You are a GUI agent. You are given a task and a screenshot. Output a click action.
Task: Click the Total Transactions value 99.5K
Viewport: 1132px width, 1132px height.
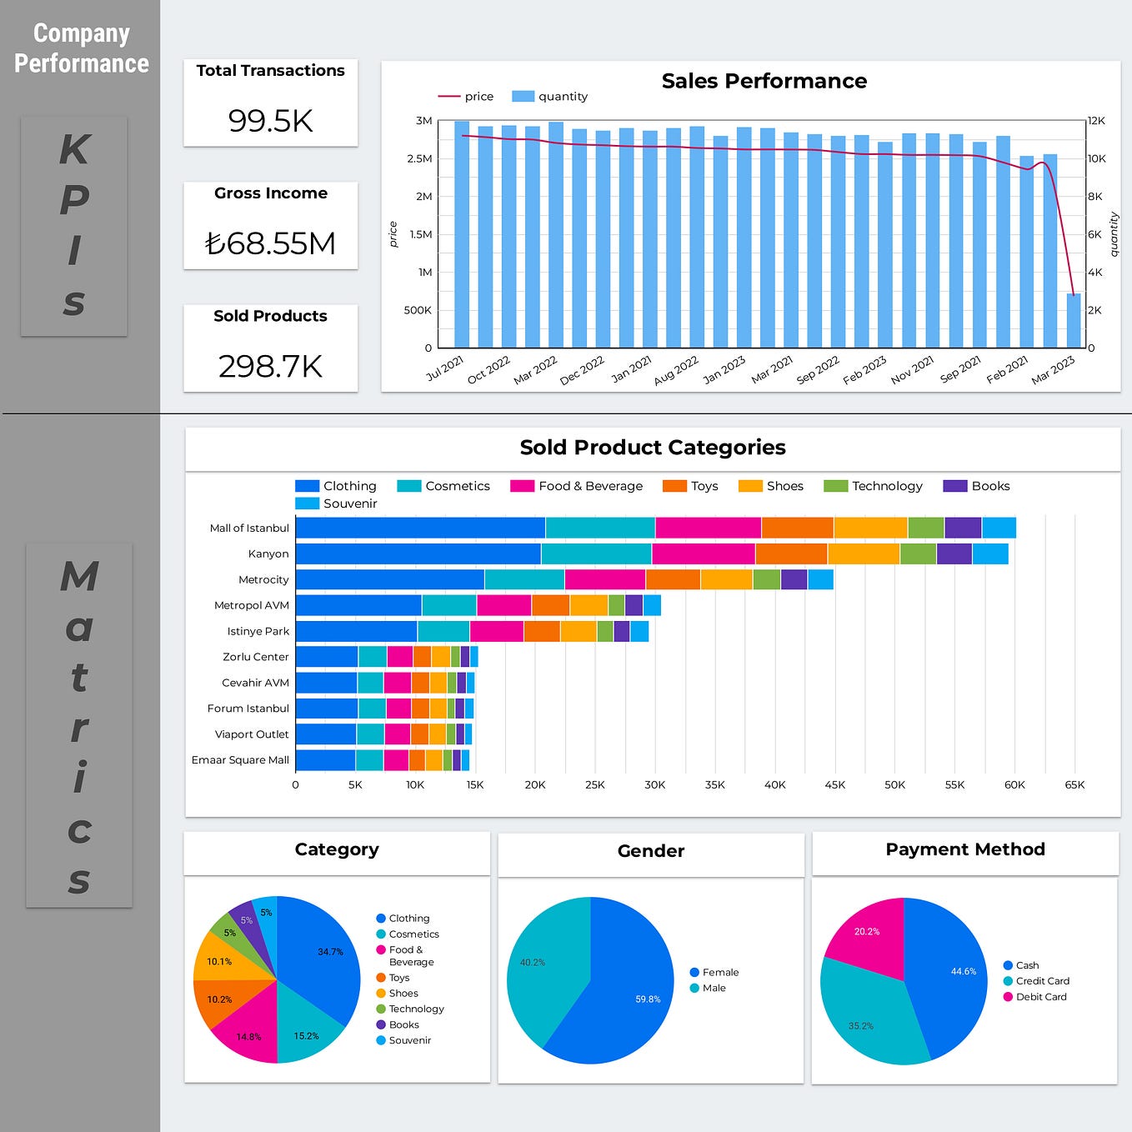click(x=270, y=121)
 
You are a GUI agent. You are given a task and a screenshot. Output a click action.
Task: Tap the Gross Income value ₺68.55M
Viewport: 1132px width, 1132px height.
click(x=270, y=243)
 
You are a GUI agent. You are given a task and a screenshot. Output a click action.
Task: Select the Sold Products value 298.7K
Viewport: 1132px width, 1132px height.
click(x=270, y=366)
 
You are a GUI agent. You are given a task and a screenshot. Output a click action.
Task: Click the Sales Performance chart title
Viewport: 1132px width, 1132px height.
click(x=764, y=81)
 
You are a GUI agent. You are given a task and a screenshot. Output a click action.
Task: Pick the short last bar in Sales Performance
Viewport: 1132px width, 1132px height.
click(x=1074, y=321)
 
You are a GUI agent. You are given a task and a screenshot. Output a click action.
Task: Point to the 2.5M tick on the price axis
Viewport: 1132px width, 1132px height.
click(x=419, y=158)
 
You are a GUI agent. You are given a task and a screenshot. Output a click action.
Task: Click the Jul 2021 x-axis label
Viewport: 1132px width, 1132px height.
click(x=445, y=368)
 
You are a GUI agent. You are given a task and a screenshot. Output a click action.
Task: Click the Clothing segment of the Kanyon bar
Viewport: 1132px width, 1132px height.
click(x=417, y=553)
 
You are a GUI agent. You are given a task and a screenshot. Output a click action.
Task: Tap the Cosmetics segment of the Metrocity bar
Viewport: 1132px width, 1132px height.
click(x=523, y=579)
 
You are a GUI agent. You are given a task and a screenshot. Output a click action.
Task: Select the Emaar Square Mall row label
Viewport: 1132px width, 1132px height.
click(x=240, y=759)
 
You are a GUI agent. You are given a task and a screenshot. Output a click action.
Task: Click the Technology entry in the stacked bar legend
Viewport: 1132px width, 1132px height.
click(x=886, y=486)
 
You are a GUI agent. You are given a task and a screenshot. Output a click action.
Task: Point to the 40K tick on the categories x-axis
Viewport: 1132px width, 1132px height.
click(x=774, y=784)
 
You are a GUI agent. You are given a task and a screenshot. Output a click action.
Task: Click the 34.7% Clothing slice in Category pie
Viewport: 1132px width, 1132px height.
click(x=321, y=959)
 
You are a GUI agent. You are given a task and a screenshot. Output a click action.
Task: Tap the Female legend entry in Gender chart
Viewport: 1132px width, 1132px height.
click(x=719, y=972)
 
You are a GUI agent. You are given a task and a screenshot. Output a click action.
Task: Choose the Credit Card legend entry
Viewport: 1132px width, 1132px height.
click(x=1042, y=981)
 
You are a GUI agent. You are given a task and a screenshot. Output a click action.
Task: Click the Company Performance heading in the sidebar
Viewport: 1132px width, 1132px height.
click(x=81, y=48)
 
